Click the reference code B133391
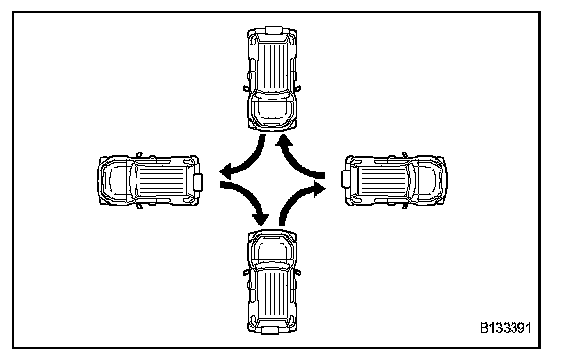506,327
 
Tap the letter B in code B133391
484,327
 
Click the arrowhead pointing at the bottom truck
261,219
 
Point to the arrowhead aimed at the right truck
319,189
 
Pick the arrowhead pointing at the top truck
284,140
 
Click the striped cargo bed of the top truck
272,65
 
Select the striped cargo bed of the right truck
383,180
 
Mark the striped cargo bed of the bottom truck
272,294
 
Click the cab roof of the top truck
272,108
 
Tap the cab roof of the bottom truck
272,252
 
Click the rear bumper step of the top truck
274,30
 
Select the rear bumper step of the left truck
198,183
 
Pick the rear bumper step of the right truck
346,179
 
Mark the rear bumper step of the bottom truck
270,331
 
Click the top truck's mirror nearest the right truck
297,88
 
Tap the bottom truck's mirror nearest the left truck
246,272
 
